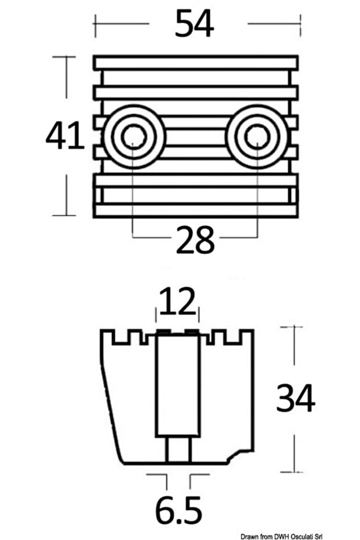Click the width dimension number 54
(x=195, y=24)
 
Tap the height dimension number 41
(x=65, y=137)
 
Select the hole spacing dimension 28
(x=195, y=240)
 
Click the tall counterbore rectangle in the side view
(x=178, y=386)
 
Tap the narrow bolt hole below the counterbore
(x=178, y=450)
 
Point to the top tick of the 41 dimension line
(x=64, y=57)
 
